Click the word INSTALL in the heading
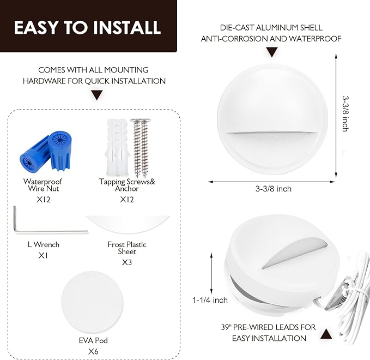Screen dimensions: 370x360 coord(127,27)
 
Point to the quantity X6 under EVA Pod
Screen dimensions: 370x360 coord(93,351)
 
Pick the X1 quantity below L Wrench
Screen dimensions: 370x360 coord(43,256)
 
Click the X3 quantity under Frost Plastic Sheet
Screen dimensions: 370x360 coord(127,262)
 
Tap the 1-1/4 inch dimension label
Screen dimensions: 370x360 coord(210,300)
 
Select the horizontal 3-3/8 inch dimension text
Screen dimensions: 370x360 coord(273,189)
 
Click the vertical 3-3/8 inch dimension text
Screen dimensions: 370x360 coord(345,113)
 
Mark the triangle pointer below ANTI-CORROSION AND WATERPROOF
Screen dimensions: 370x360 coord(272,52)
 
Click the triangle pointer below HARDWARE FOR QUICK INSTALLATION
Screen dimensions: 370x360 coord(97,95)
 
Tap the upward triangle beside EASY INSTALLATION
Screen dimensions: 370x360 coord(326,334)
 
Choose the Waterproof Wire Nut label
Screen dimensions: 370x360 coord(43,185)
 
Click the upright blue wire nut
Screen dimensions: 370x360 coord(59,151)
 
